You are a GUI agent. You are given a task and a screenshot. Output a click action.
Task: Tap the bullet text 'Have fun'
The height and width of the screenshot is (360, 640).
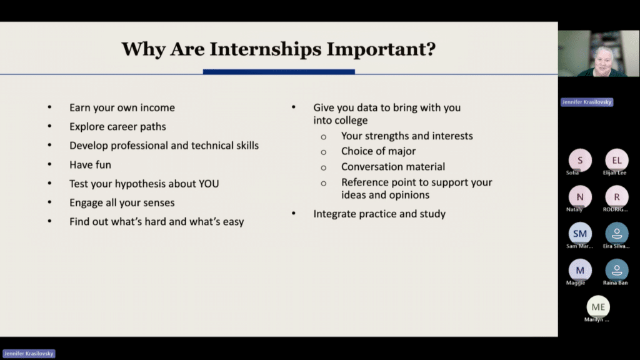90,165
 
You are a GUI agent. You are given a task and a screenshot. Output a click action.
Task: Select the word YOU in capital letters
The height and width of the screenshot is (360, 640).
209,184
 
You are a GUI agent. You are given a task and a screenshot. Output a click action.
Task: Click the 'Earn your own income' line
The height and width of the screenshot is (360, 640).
122,107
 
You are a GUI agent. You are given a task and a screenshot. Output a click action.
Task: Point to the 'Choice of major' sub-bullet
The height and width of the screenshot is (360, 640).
378,151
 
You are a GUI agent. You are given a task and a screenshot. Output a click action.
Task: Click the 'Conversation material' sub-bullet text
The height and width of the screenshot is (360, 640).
393,167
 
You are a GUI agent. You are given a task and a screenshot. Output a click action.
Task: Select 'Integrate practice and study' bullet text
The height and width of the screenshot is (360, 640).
379,214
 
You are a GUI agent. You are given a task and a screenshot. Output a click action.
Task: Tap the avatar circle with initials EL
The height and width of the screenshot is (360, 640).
617,161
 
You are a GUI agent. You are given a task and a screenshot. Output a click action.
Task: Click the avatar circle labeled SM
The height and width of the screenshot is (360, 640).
580,234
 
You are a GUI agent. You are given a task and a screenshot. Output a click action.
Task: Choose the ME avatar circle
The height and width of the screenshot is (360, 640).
598,307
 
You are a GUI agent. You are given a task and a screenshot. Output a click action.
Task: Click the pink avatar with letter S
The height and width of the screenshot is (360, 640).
580,161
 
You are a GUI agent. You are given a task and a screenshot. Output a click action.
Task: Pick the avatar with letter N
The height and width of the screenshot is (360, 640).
580,197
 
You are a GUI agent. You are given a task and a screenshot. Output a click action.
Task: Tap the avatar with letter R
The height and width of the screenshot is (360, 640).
617,197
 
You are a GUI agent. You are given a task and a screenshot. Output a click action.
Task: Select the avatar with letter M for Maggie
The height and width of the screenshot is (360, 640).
580,271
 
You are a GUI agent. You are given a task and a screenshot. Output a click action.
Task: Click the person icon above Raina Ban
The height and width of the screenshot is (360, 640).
617,271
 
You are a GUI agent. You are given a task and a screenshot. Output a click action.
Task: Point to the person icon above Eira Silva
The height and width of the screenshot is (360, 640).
617,234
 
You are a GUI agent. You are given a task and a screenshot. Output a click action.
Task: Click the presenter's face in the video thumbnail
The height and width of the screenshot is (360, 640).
603,59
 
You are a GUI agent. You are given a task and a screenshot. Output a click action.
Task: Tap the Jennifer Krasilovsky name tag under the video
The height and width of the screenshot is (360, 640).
586,102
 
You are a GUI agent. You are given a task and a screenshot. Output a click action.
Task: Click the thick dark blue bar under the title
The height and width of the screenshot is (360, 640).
279,72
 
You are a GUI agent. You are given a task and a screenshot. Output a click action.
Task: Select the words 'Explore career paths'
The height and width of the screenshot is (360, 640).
117,127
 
